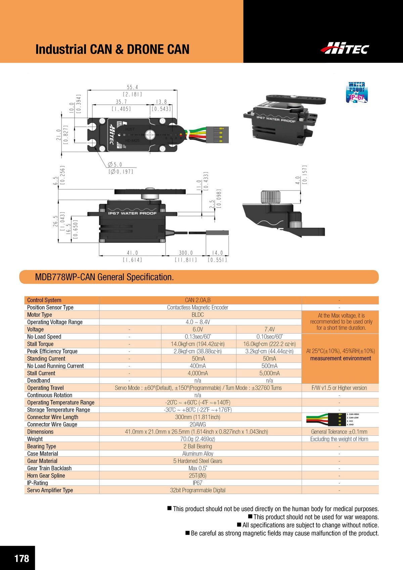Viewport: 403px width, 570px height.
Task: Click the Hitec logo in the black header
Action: pos(345,48)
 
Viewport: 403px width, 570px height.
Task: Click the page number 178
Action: pos(21,559)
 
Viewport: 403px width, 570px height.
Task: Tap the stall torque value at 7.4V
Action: pos(269,344)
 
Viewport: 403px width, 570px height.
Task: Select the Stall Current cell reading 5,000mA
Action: pos(269,373)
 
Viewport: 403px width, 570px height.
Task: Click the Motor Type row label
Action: pos(40,315)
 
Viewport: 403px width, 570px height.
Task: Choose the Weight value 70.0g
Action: pos(197,439)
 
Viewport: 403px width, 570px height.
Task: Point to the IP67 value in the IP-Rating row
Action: pos(197,483)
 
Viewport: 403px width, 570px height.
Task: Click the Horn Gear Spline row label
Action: pos(46,476)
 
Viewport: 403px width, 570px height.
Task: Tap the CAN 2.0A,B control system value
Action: pos(198,300)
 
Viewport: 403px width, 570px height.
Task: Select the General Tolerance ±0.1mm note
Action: pos(339,432)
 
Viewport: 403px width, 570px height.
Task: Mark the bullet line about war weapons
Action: pos(316,517)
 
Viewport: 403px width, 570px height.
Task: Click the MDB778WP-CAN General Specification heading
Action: pos(104,277)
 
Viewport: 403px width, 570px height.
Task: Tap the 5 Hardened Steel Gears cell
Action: pos(197,461)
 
